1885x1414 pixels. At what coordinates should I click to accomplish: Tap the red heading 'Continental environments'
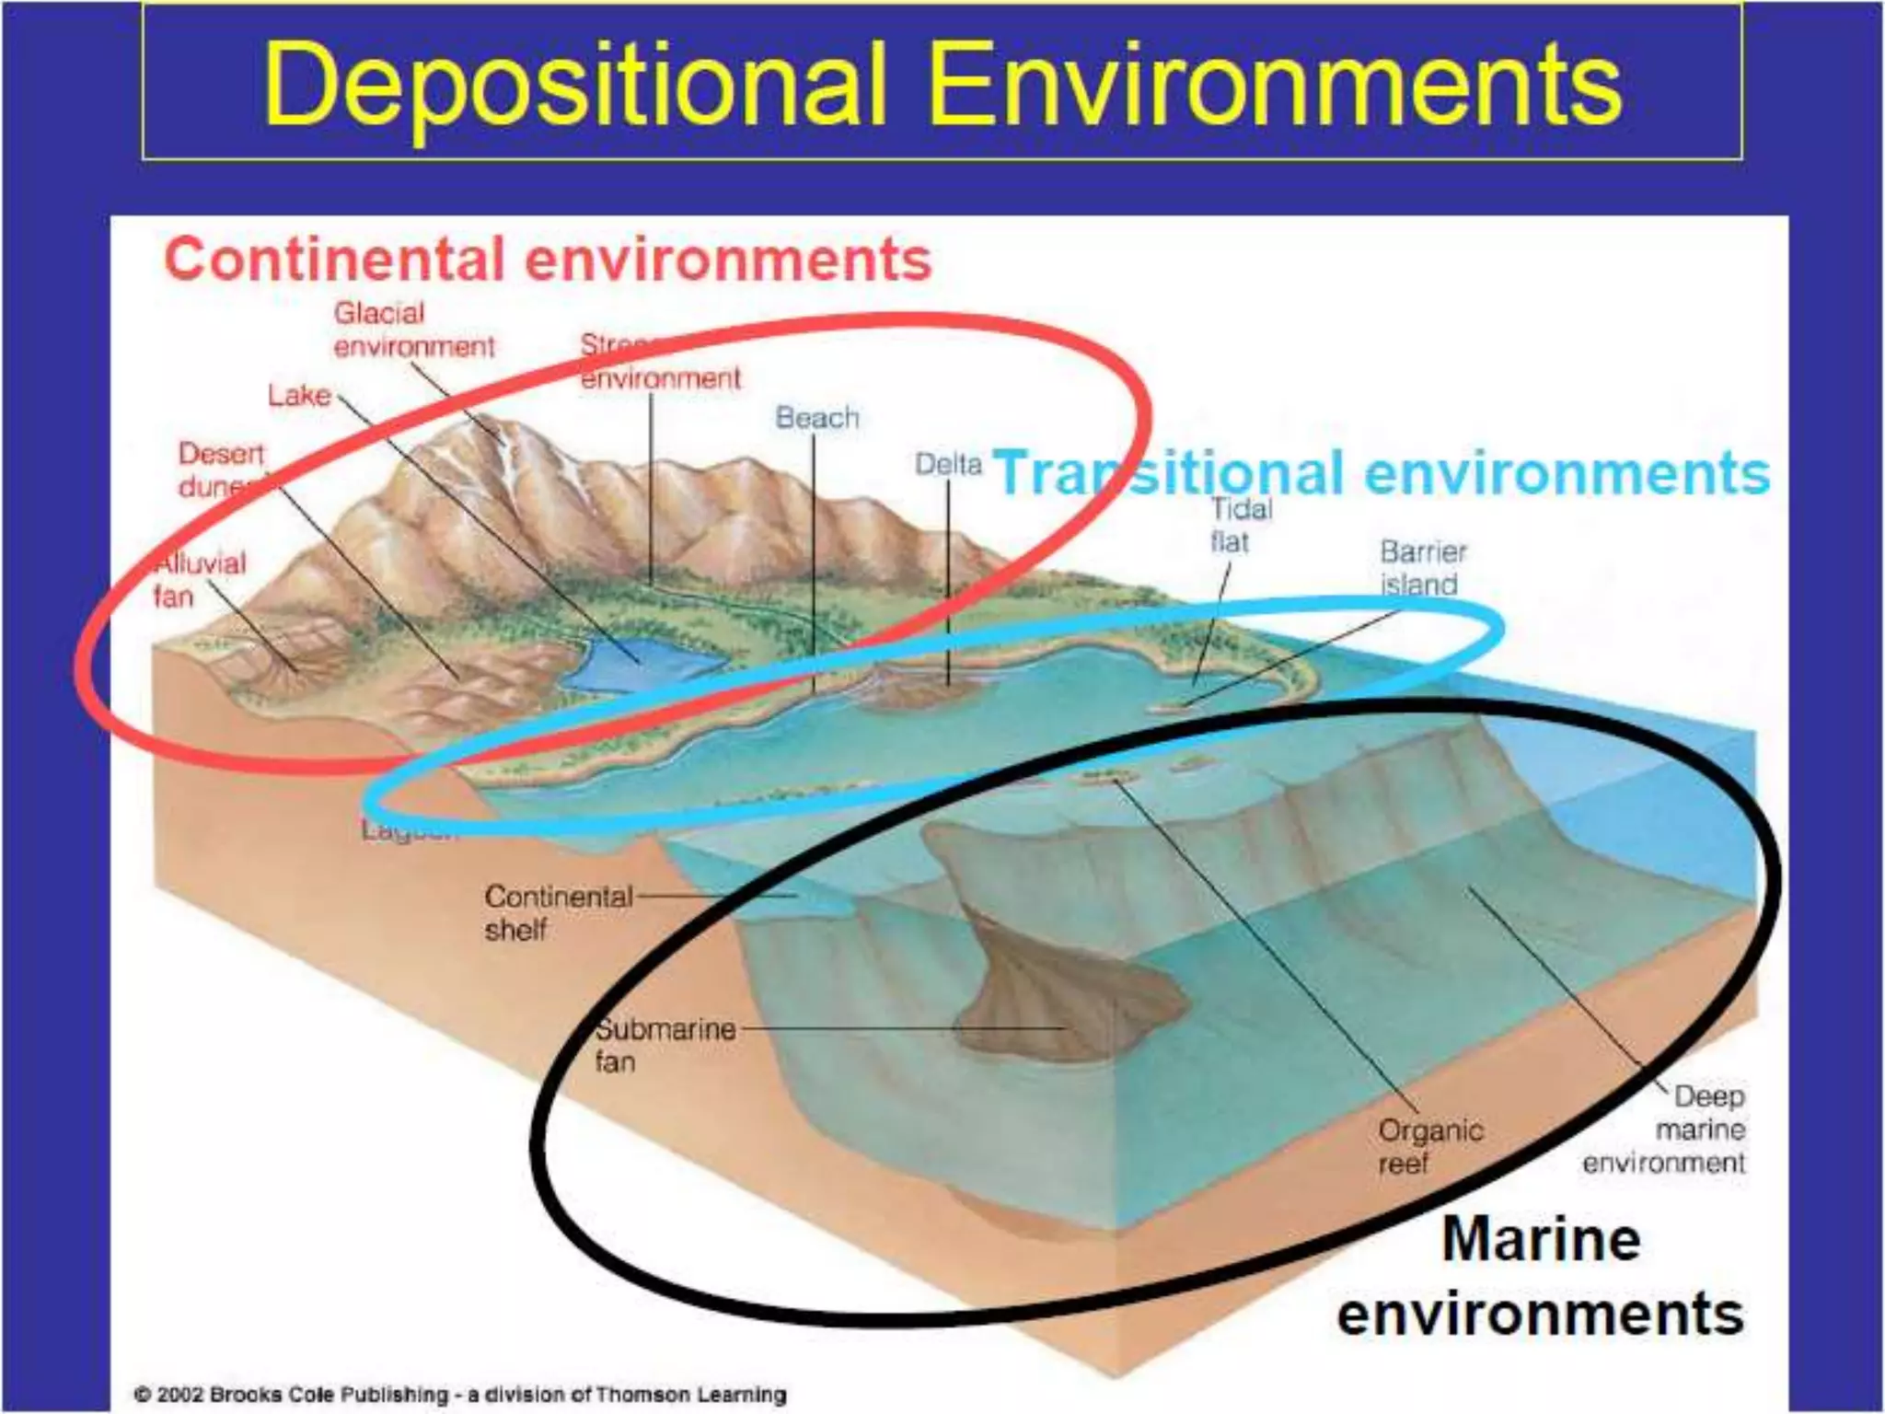pyautogui.click(x=548, y=260)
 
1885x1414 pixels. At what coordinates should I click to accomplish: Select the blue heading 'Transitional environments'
pyautogui.click(x=1381, y=473)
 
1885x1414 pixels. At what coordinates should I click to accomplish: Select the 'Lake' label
pyautogui.click(x=299, y=396)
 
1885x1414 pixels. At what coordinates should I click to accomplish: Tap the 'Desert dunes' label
pyautogui.click(x=221, y=469)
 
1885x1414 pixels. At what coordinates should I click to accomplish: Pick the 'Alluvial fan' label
pyautogui.click(x=198, y=580)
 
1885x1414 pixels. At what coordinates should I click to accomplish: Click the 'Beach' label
pyautogui.click(x=816, y=418)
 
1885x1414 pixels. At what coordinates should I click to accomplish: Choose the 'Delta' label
pyautogui.click(x=948, y=464)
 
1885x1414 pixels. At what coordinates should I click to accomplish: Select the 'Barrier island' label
pyautogui.click(x=1422, y=568)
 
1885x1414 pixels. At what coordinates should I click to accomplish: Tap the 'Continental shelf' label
pyautogui.click(x=557, y=912)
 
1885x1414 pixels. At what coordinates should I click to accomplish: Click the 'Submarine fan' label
pyautogui.click(x=665, y=1045)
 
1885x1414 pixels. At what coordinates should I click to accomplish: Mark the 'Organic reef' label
pyautogui.click(x=1429, y=1146)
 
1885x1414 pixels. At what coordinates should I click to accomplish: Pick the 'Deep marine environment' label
pyautogui.click(x=1666, y=1130)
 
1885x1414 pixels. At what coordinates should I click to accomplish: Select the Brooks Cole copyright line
pyautogui.click(x=460, y=1394)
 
